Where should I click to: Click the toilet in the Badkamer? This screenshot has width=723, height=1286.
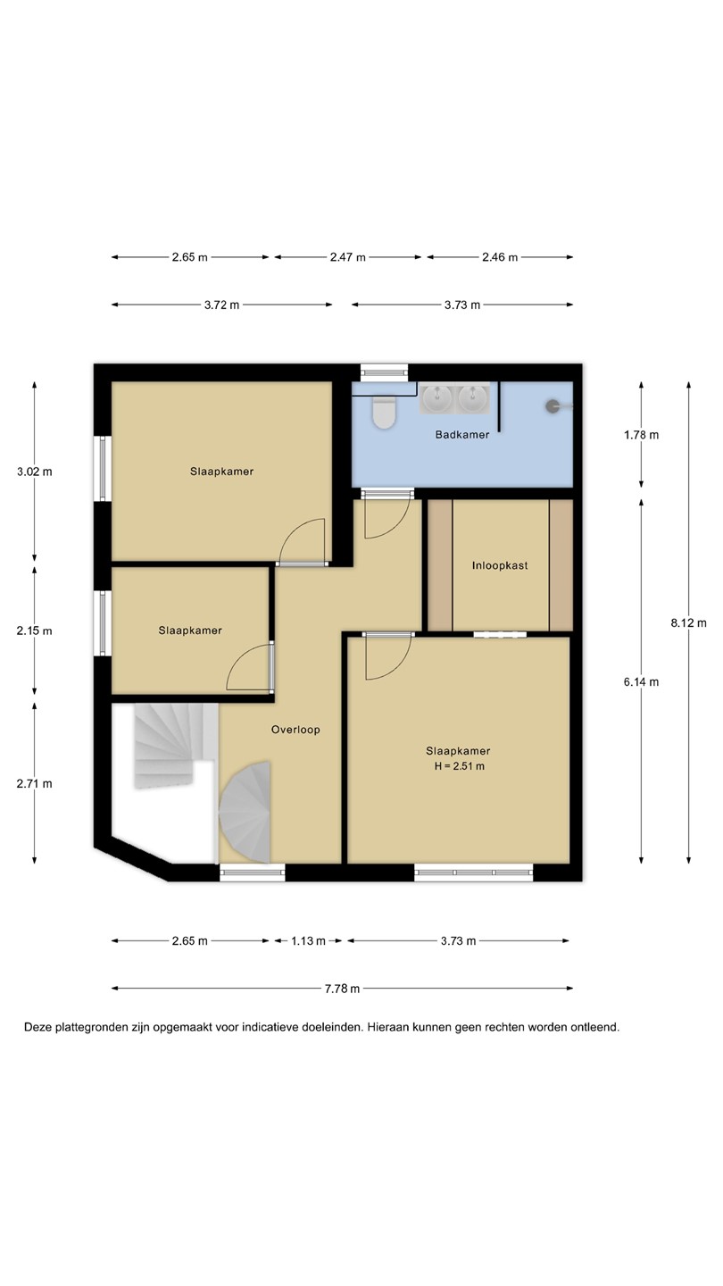(x=383, y=413)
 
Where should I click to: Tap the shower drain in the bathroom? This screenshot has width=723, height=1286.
(x=552, y=406)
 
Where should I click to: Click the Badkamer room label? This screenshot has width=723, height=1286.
(x=462, y=435)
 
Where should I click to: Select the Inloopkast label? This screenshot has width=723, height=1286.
(x=500, y=565)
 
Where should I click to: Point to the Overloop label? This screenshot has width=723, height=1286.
(x=295, y=730)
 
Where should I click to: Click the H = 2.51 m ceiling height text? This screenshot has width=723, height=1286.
(x=459, y=766)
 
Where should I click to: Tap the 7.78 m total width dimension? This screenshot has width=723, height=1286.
(x=342, y=989)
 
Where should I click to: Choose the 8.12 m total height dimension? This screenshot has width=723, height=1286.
(x=688, y=623)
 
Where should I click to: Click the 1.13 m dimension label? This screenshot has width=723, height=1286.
(x=308, y=941)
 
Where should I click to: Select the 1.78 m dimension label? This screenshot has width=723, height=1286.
(x=642, y=435)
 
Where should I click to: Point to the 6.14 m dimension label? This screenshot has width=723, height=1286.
(x=642, y=682)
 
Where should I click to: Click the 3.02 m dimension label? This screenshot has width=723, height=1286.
(x=35, y=472)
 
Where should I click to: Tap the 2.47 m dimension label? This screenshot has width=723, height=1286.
(x=348, y=257)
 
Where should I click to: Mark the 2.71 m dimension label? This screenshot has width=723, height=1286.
(x=35, y=784)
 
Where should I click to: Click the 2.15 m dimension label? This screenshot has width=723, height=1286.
(x=35, y=630)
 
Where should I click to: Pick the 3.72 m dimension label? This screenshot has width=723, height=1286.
(x=221, y=305)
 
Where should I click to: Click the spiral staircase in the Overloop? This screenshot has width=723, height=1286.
(x=245, y=812)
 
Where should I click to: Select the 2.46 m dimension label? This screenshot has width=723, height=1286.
(x=500, y=257)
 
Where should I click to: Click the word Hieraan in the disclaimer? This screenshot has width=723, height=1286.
(x=388, y=1027)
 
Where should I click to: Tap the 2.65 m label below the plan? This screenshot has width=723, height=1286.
(x=190, y=941)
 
